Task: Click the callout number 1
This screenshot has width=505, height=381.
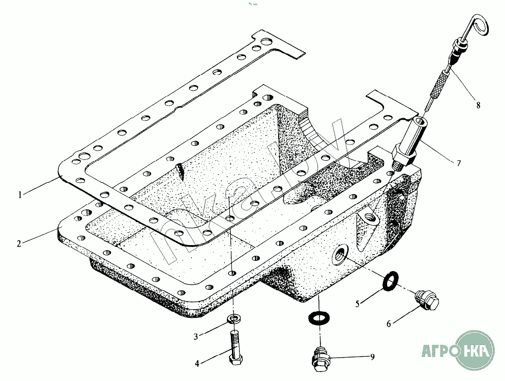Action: click(20, 195)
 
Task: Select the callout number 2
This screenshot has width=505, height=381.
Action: click(19, 243)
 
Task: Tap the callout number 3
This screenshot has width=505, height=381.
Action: click(195, 337)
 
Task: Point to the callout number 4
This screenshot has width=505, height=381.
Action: click(197, 363)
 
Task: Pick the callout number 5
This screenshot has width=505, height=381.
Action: click(358, 304)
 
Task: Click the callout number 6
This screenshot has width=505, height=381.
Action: click(389, 323)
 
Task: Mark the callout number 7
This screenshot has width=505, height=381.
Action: click(459, 163)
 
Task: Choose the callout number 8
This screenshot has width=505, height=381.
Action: click(478, 105)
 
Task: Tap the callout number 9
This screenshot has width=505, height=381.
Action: click(372, 357)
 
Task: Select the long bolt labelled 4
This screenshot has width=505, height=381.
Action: click(235, 348)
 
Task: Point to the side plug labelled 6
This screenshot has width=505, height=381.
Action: click(426, 300)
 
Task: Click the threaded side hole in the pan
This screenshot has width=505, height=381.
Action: click(340, 254)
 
